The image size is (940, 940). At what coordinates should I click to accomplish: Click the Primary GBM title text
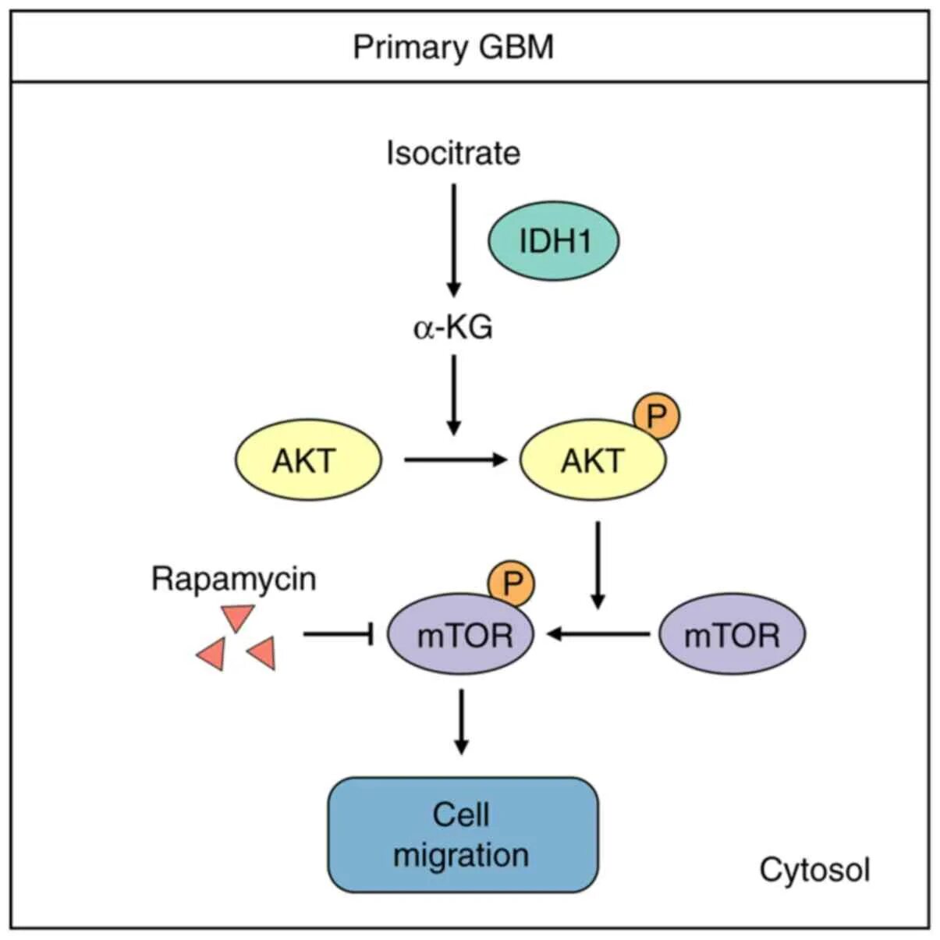tap(453, 47)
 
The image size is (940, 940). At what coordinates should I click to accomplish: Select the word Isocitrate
tap(453, 153)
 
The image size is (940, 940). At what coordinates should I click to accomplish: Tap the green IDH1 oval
tap(554, 241)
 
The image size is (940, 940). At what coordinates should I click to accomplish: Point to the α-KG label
tap(453, 328)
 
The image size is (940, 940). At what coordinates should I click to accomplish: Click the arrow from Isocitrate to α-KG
tap(454, 238)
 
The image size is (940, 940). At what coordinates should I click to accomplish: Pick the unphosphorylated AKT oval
tap(308, 460)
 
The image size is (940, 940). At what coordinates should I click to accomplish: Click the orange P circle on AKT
tap(656, 417)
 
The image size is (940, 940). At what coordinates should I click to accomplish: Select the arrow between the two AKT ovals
tap(456, 460)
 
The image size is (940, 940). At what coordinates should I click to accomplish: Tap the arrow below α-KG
tap(454, 394)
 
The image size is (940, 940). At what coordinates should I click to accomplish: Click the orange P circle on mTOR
tap(512, 584)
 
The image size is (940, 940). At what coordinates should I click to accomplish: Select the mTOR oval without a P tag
tap(732, 635)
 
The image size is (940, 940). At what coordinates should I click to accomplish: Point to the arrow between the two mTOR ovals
tap(598, 634)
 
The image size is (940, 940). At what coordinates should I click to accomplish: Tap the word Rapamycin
tap(233, 579)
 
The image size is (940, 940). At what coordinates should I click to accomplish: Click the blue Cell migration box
tap(462, 835)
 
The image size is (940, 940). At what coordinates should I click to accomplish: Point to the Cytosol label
tap(814, 869)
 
